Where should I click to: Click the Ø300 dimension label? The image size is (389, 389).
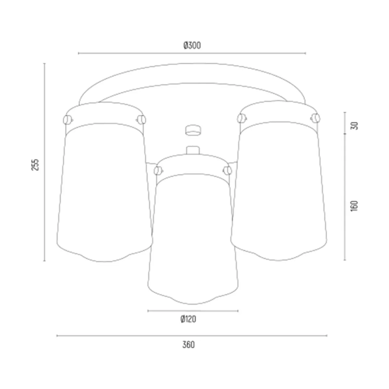[192, 45]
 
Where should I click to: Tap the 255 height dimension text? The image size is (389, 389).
[35, 165]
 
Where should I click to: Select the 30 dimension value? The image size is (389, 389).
[354, 125]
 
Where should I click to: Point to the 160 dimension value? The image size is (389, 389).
[354, 206]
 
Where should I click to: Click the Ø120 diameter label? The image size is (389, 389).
[188, 319]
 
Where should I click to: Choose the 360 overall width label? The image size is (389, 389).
[189, 345]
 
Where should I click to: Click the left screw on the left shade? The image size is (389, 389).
[68, 120]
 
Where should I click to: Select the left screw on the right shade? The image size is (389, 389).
[242, 118]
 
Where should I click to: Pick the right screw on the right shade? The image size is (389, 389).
[315, 118]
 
